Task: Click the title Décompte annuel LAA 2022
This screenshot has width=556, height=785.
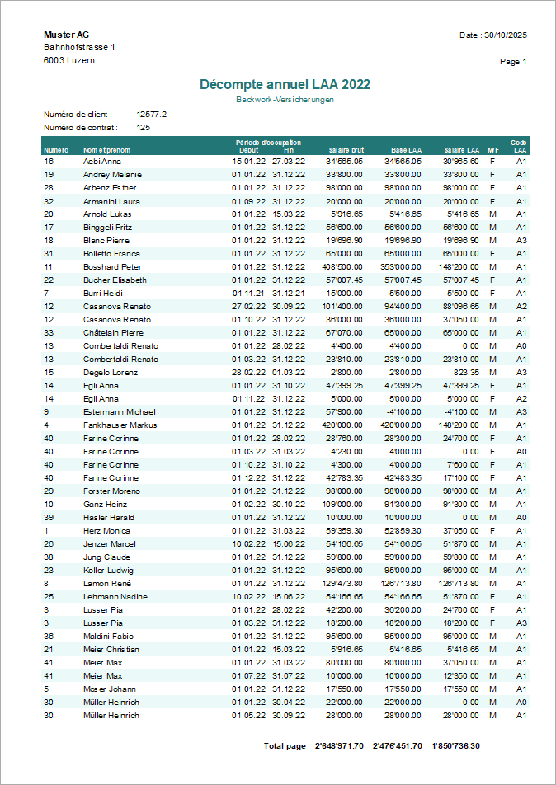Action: (285, 84)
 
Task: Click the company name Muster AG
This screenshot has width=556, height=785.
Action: (66, 35)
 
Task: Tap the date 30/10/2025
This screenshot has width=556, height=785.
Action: (505, 35)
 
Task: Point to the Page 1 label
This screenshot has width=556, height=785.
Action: (513, 62)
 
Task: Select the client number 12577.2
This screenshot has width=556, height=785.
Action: (152, 115)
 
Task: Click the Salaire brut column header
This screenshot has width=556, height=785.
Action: (346, 150)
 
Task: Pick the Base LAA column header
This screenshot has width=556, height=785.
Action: (406, 150)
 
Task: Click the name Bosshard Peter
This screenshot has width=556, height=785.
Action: (112, 267)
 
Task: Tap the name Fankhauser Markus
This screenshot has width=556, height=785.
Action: (120, 425)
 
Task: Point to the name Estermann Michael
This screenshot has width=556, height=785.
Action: (119, 412)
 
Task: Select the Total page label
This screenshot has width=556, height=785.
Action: (285, 746)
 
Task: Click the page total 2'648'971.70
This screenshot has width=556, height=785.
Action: (339, 746)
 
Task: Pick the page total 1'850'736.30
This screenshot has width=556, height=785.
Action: (456, 746)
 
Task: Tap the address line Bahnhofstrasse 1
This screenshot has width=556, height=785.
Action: (79, 48)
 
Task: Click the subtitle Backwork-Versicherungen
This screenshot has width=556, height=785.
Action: (285, 100)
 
